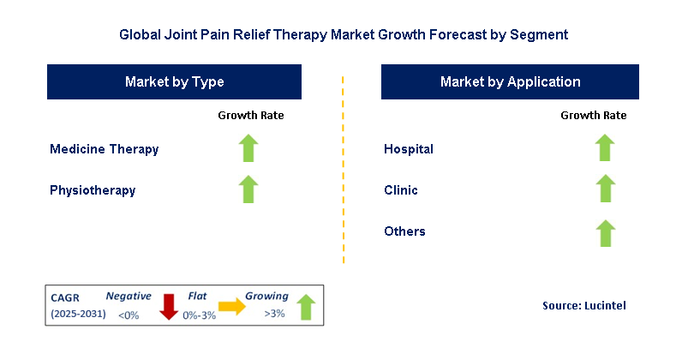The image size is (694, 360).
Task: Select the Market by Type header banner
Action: pos(174,82)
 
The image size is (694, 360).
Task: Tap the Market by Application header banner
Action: pos(510,82)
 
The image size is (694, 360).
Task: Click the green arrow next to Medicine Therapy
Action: pos(248,148)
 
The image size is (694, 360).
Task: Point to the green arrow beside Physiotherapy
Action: pos(248,189)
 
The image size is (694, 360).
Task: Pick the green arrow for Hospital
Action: pos(605,148)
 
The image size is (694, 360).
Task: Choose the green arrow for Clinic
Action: pos(605,189)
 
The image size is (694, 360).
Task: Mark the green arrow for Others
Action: pos(605,231)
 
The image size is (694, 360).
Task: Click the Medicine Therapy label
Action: pos(105,149)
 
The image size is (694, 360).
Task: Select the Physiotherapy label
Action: pos(93,190)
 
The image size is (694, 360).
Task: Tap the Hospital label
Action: pos(409,149)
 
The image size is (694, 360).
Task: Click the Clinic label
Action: pos(401,190)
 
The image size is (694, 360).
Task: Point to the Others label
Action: pos(404,231)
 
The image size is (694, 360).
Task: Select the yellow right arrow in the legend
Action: pos(231,306)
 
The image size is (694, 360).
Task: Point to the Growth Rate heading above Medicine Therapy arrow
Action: pos(250,115)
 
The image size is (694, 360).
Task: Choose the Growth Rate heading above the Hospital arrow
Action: pos(593,115)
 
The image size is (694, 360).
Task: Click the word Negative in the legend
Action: pos(128,296)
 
